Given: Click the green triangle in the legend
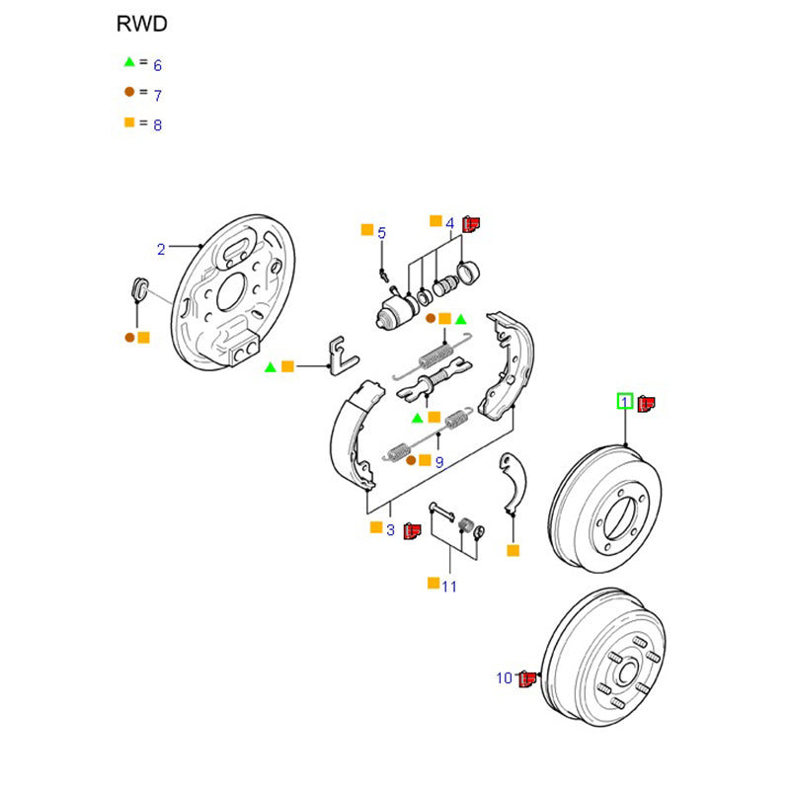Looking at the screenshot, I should coord(128,62).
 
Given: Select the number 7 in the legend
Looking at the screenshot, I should coord(157,95).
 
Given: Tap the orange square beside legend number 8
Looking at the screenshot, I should coord(128,123).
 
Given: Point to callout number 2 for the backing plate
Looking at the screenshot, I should coord(161,248).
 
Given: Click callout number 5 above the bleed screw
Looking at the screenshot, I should coord(382,233).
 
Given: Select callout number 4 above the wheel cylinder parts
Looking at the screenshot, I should coord(449,223).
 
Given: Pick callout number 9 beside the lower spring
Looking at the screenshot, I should coord(438,461).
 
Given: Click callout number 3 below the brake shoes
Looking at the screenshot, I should coord(390,530).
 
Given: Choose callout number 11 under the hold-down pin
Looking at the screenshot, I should coord(449,587).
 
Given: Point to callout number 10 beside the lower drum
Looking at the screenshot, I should coord(504,678).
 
